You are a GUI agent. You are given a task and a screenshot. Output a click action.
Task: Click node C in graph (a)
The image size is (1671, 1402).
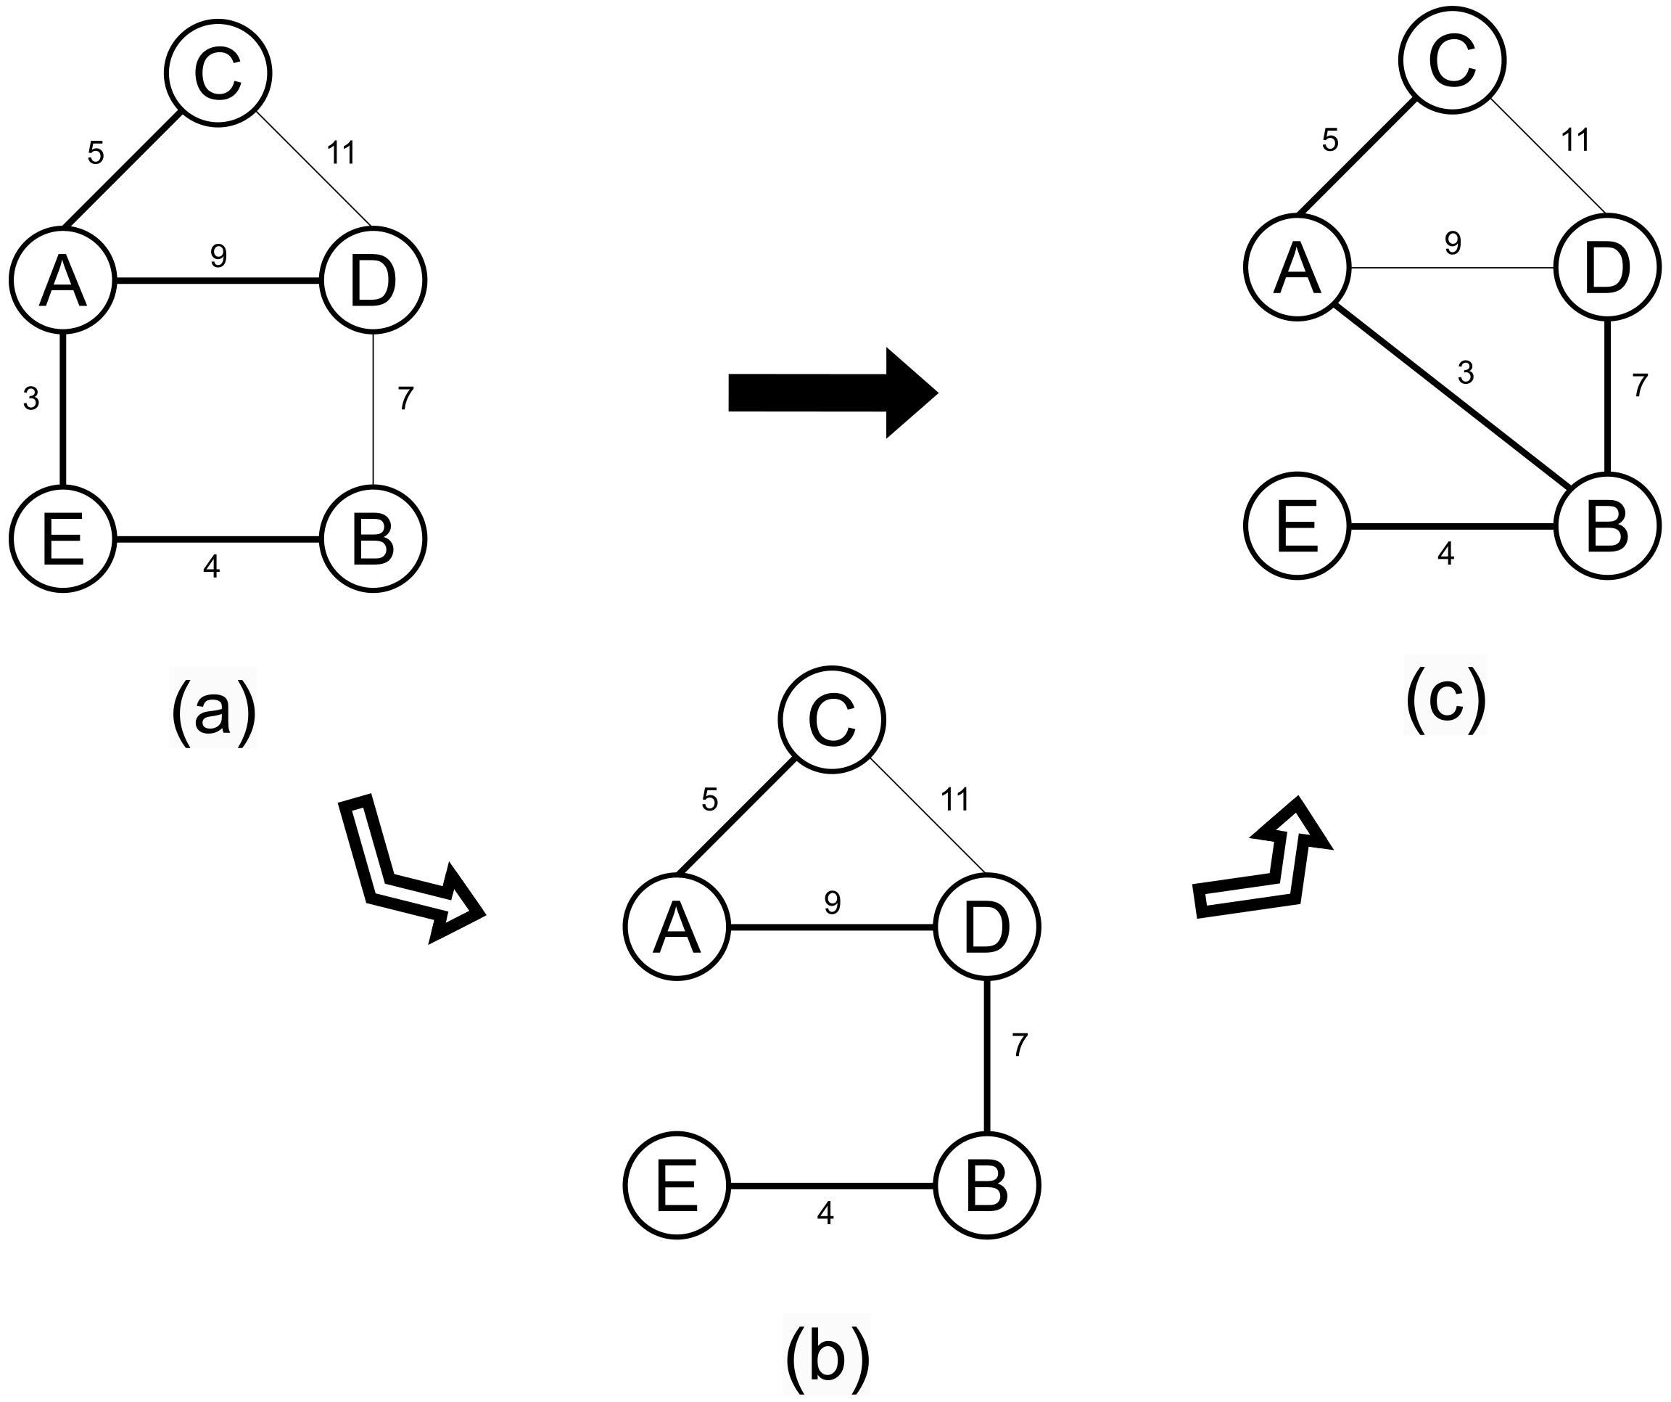click(218, 73)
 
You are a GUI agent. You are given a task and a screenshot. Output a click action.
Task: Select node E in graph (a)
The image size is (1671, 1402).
click(63, 539)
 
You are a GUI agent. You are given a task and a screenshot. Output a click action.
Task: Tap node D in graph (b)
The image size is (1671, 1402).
click(986, 927)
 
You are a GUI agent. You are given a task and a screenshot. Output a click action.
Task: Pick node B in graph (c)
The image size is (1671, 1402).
click(1606, 526)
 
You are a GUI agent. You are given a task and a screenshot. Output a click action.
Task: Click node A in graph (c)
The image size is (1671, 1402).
click(1297, 268)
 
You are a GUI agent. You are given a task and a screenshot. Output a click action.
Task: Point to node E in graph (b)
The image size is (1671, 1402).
click(677, 1186)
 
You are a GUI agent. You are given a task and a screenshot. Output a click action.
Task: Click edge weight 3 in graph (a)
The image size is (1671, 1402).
click(31, 398)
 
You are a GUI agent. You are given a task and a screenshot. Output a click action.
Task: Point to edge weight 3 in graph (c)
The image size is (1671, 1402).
click(1466, 372)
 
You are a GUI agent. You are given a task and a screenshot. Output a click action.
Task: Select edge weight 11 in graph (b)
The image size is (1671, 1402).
click(955, 799)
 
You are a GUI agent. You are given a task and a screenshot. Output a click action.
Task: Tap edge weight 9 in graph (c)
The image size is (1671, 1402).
click(1453, 243)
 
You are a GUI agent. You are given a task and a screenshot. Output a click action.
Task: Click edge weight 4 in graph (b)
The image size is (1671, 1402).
click(825, 1213)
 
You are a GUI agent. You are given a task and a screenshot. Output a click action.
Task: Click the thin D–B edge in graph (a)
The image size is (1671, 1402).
click(374, 410)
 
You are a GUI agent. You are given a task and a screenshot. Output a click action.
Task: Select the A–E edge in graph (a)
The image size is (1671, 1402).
click(63, 410)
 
